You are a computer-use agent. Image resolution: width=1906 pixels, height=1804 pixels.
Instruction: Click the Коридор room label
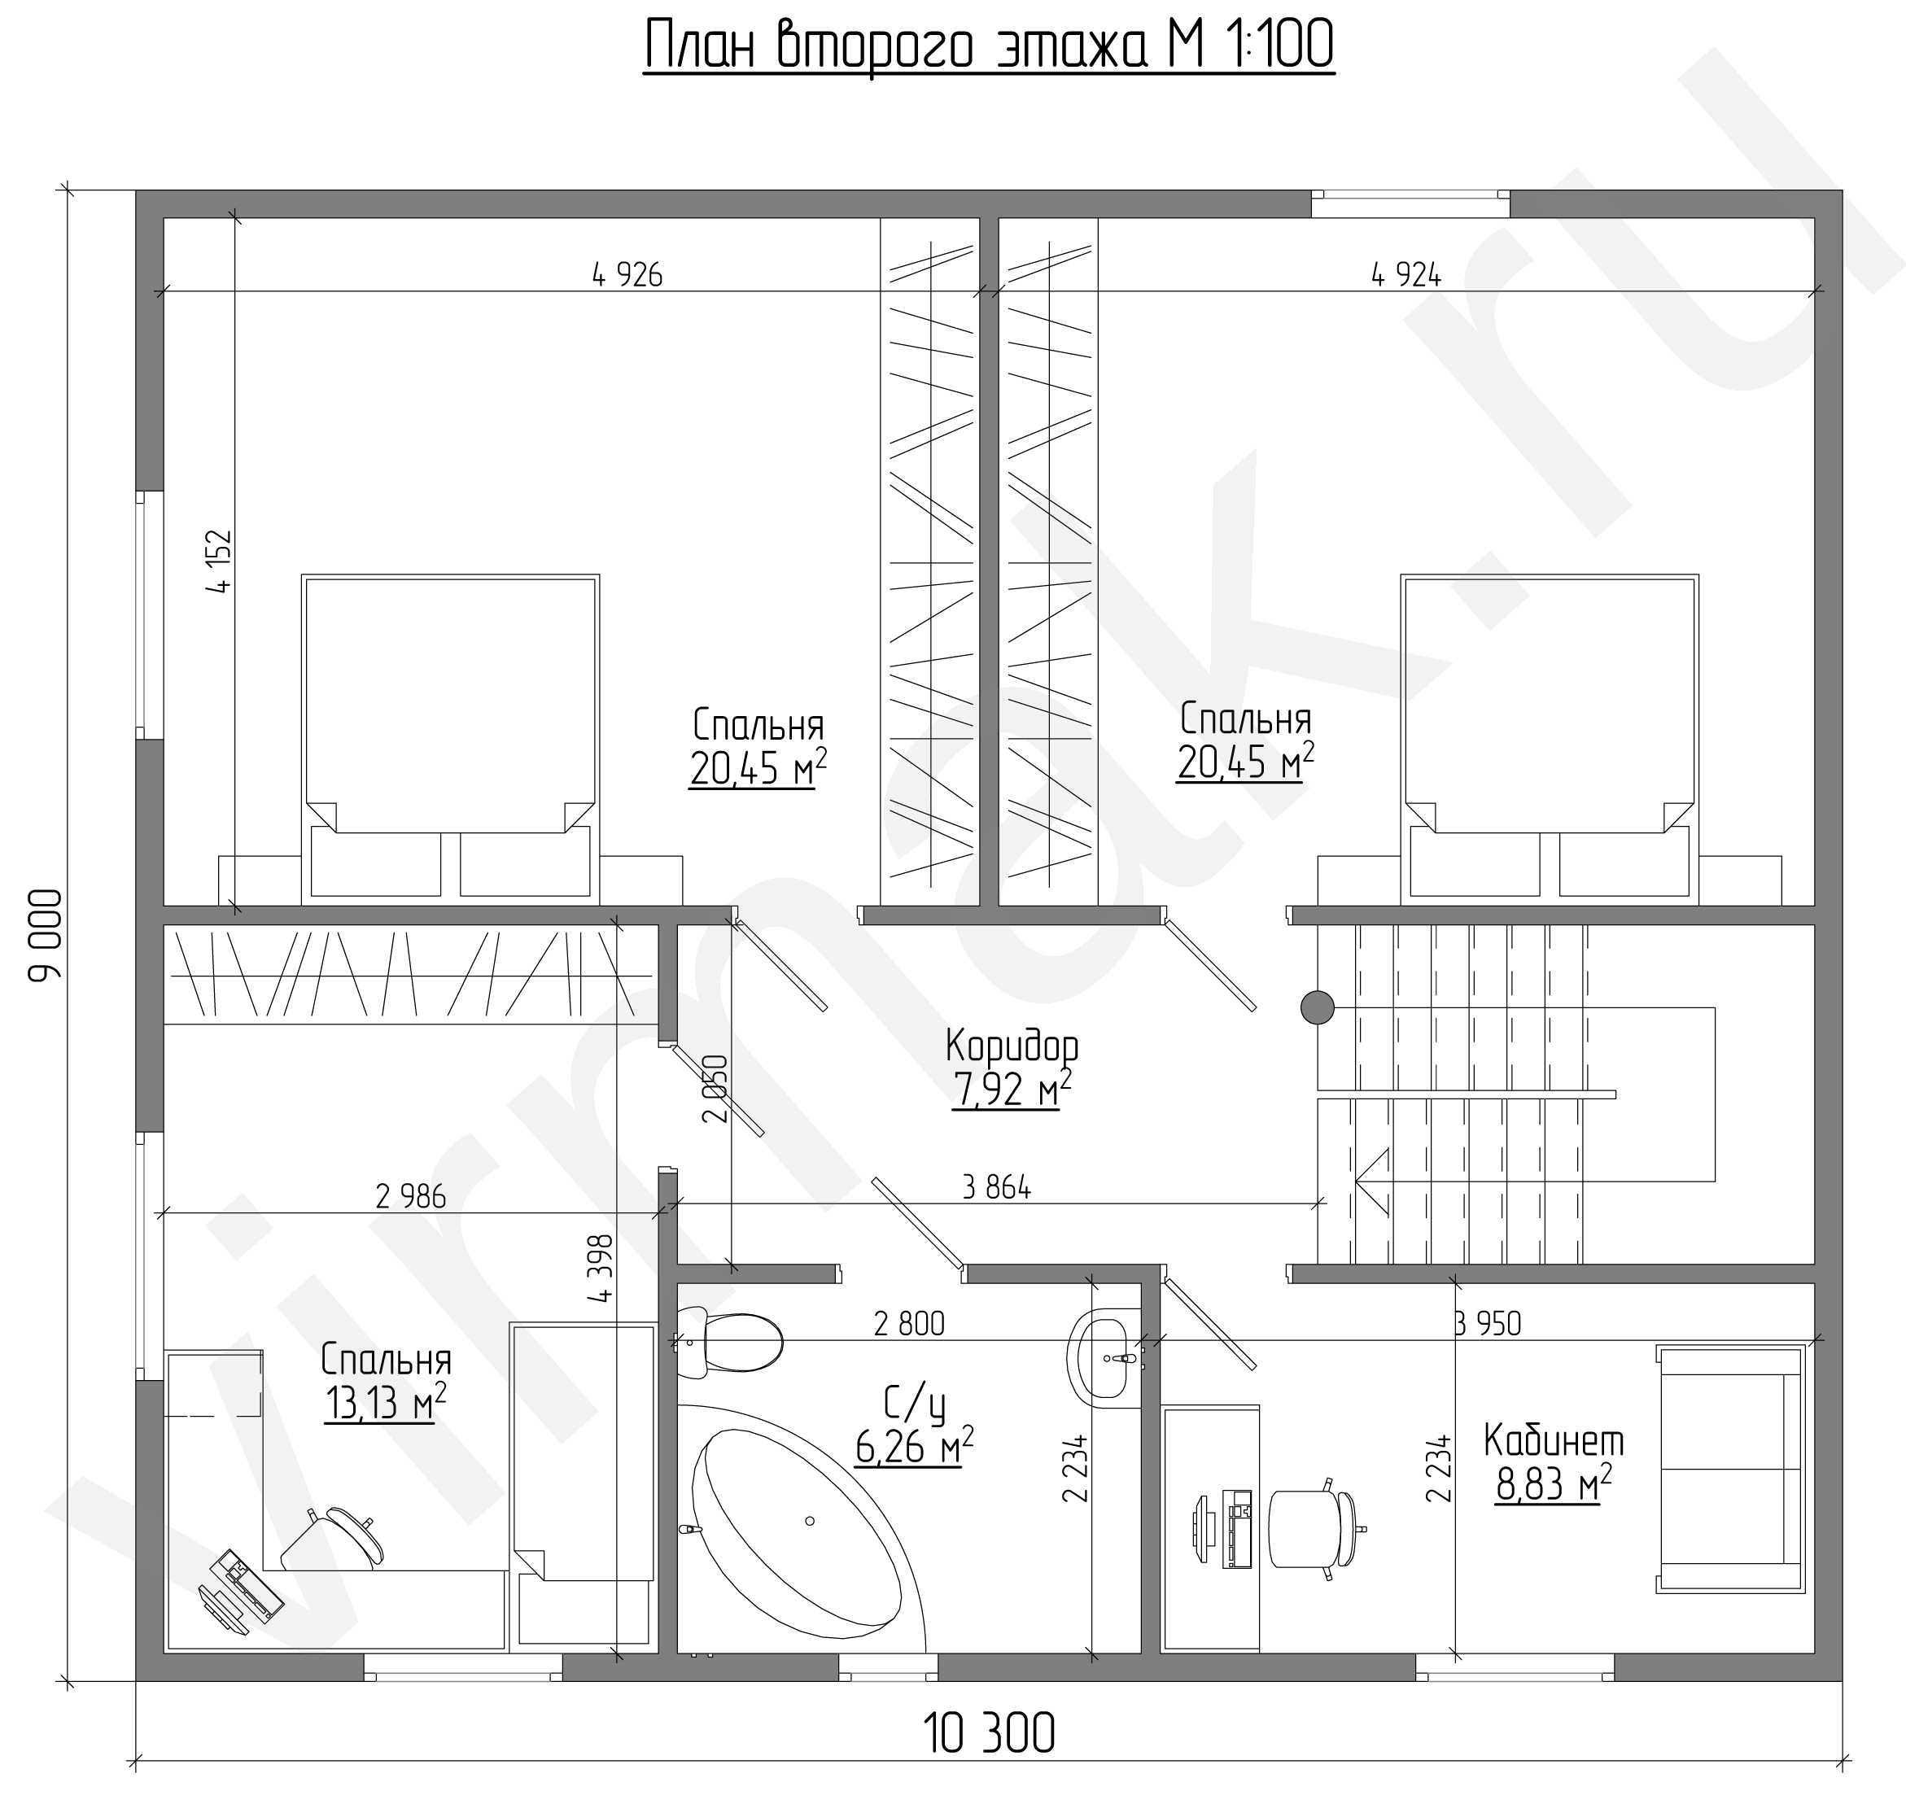1012,1044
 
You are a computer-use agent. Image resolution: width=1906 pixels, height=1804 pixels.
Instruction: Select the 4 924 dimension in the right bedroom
1406,275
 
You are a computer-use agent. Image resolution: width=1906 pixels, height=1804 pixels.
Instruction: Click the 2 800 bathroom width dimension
909,1324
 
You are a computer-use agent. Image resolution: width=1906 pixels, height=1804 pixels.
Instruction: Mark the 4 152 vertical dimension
219,561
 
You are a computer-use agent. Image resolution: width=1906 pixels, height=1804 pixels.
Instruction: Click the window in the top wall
1410,204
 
